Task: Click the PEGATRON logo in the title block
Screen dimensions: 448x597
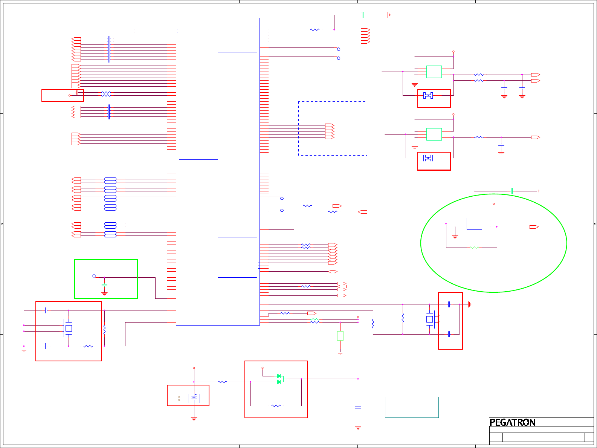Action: (512, 422)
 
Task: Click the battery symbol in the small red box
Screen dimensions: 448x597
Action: (194, 398)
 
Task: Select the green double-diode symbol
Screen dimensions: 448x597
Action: (280, 379)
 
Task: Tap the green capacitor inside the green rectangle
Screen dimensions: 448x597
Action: (104, 285)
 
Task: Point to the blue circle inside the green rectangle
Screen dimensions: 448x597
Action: (94, 276)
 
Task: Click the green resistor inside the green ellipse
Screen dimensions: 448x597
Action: (474, 248)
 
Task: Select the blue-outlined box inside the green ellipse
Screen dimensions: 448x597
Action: (474, 224)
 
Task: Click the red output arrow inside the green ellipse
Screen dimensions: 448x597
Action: (534, 227)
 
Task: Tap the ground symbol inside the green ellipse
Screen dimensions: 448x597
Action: (455, 237)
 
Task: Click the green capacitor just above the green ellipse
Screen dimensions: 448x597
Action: (512, 191)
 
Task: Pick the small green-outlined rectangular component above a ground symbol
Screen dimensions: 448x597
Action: (340, 336)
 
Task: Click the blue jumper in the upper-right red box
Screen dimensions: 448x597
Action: (428, 95)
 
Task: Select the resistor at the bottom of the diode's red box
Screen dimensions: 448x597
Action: (276, 406)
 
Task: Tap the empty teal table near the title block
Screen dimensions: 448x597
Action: (412, 407)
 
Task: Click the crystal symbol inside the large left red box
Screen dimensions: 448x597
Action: (68, 328)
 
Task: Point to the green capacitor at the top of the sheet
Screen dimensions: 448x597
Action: (362, 15)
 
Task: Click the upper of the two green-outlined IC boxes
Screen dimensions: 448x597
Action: (434, 72)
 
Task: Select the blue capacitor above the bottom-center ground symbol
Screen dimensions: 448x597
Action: (358, 407)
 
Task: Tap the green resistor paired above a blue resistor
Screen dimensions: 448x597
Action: (315, 320)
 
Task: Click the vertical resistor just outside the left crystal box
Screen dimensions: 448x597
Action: (104, 330)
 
